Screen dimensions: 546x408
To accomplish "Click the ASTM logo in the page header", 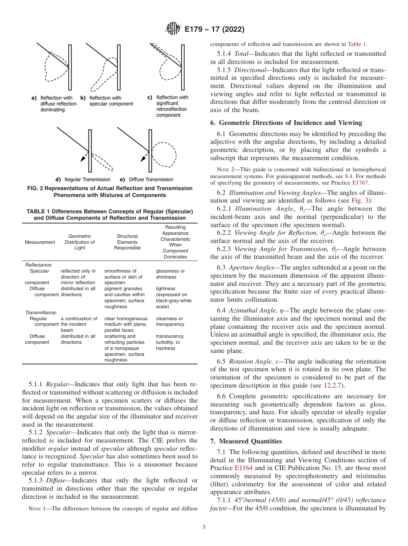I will point(173,29).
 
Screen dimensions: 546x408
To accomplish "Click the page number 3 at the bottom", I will point(204,527).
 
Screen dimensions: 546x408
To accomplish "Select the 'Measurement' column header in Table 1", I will point(40,242).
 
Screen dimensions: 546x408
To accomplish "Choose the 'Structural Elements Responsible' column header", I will point(128,242).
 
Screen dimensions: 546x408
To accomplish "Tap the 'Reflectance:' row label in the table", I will point(39,265).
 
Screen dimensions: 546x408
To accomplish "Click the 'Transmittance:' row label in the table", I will point(41,313).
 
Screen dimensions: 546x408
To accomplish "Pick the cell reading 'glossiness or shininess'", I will point(170,274).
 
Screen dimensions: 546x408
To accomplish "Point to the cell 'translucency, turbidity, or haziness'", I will point(170,342).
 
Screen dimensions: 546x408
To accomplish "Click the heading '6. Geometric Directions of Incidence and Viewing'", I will point(286,123).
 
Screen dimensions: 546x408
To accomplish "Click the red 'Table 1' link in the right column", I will point(357,44).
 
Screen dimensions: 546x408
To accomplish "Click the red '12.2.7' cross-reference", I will point(331,385).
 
